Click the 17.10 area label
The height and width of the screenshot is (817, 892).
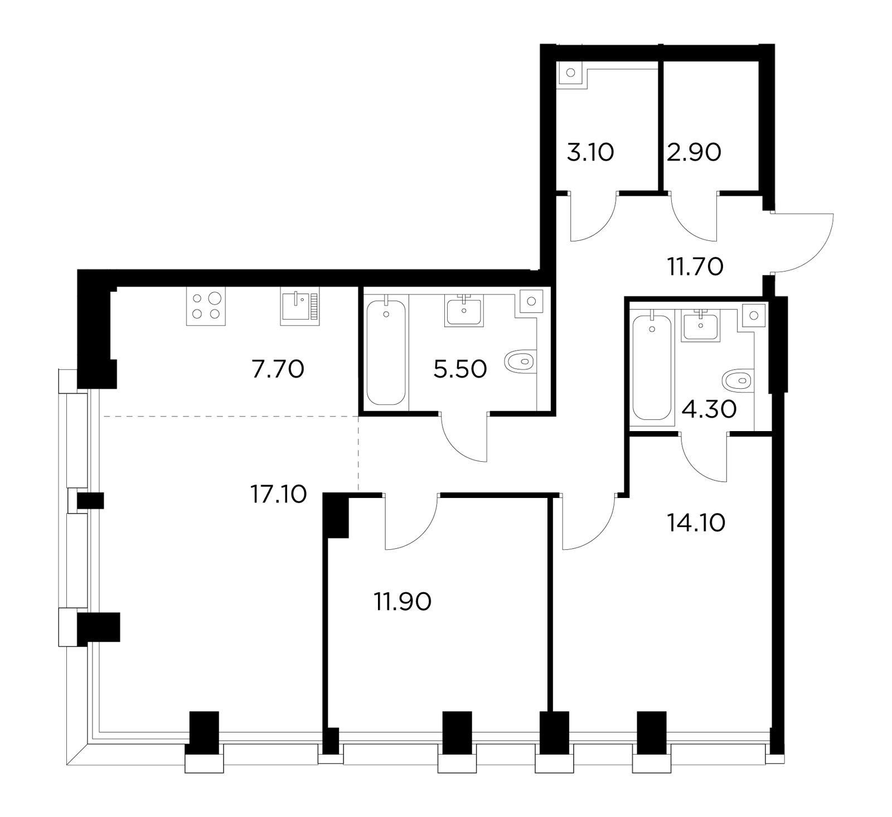click(278, 494)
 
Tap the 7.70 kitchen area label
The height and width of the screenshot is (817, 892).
click(278, 369)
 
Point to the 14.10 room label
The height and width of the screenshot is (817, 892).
click(696, 523)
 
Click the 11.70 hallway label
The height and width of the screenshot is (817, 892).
click(695, 267)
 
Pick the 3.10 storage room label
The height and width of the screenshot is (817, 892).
click(590, 152)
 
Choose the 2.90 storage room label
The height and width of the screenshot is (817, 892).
click(694, 152)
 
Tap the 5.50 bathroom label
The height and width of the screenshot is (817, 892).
click(460, 369)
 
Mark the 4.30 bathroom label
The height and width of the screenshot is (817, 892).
click(709, 410)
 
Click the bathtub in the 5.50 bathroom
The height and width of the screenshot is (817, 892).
click(386, 353)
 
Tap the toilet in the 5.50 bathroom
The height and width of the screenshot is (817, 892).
click(520, 362)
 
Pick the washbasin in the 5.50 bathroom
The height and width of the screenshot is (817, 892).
click(464, 311)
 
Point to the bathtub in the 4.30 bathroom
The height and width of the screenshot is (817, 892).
click(651, 368)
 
